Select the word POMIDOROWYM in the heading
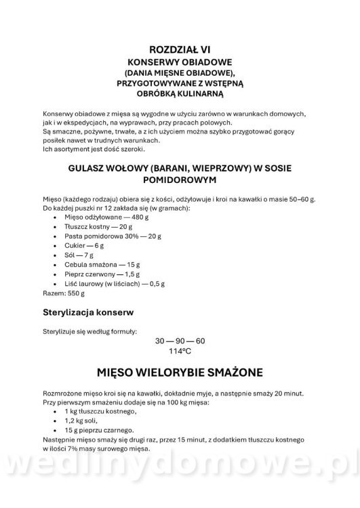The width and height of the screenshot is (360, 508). coord(180,181)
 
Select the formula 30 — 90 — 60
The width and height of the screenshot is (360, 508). coord(180,341)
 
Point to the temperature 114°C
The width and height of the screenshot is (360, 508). coord(180,352)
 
